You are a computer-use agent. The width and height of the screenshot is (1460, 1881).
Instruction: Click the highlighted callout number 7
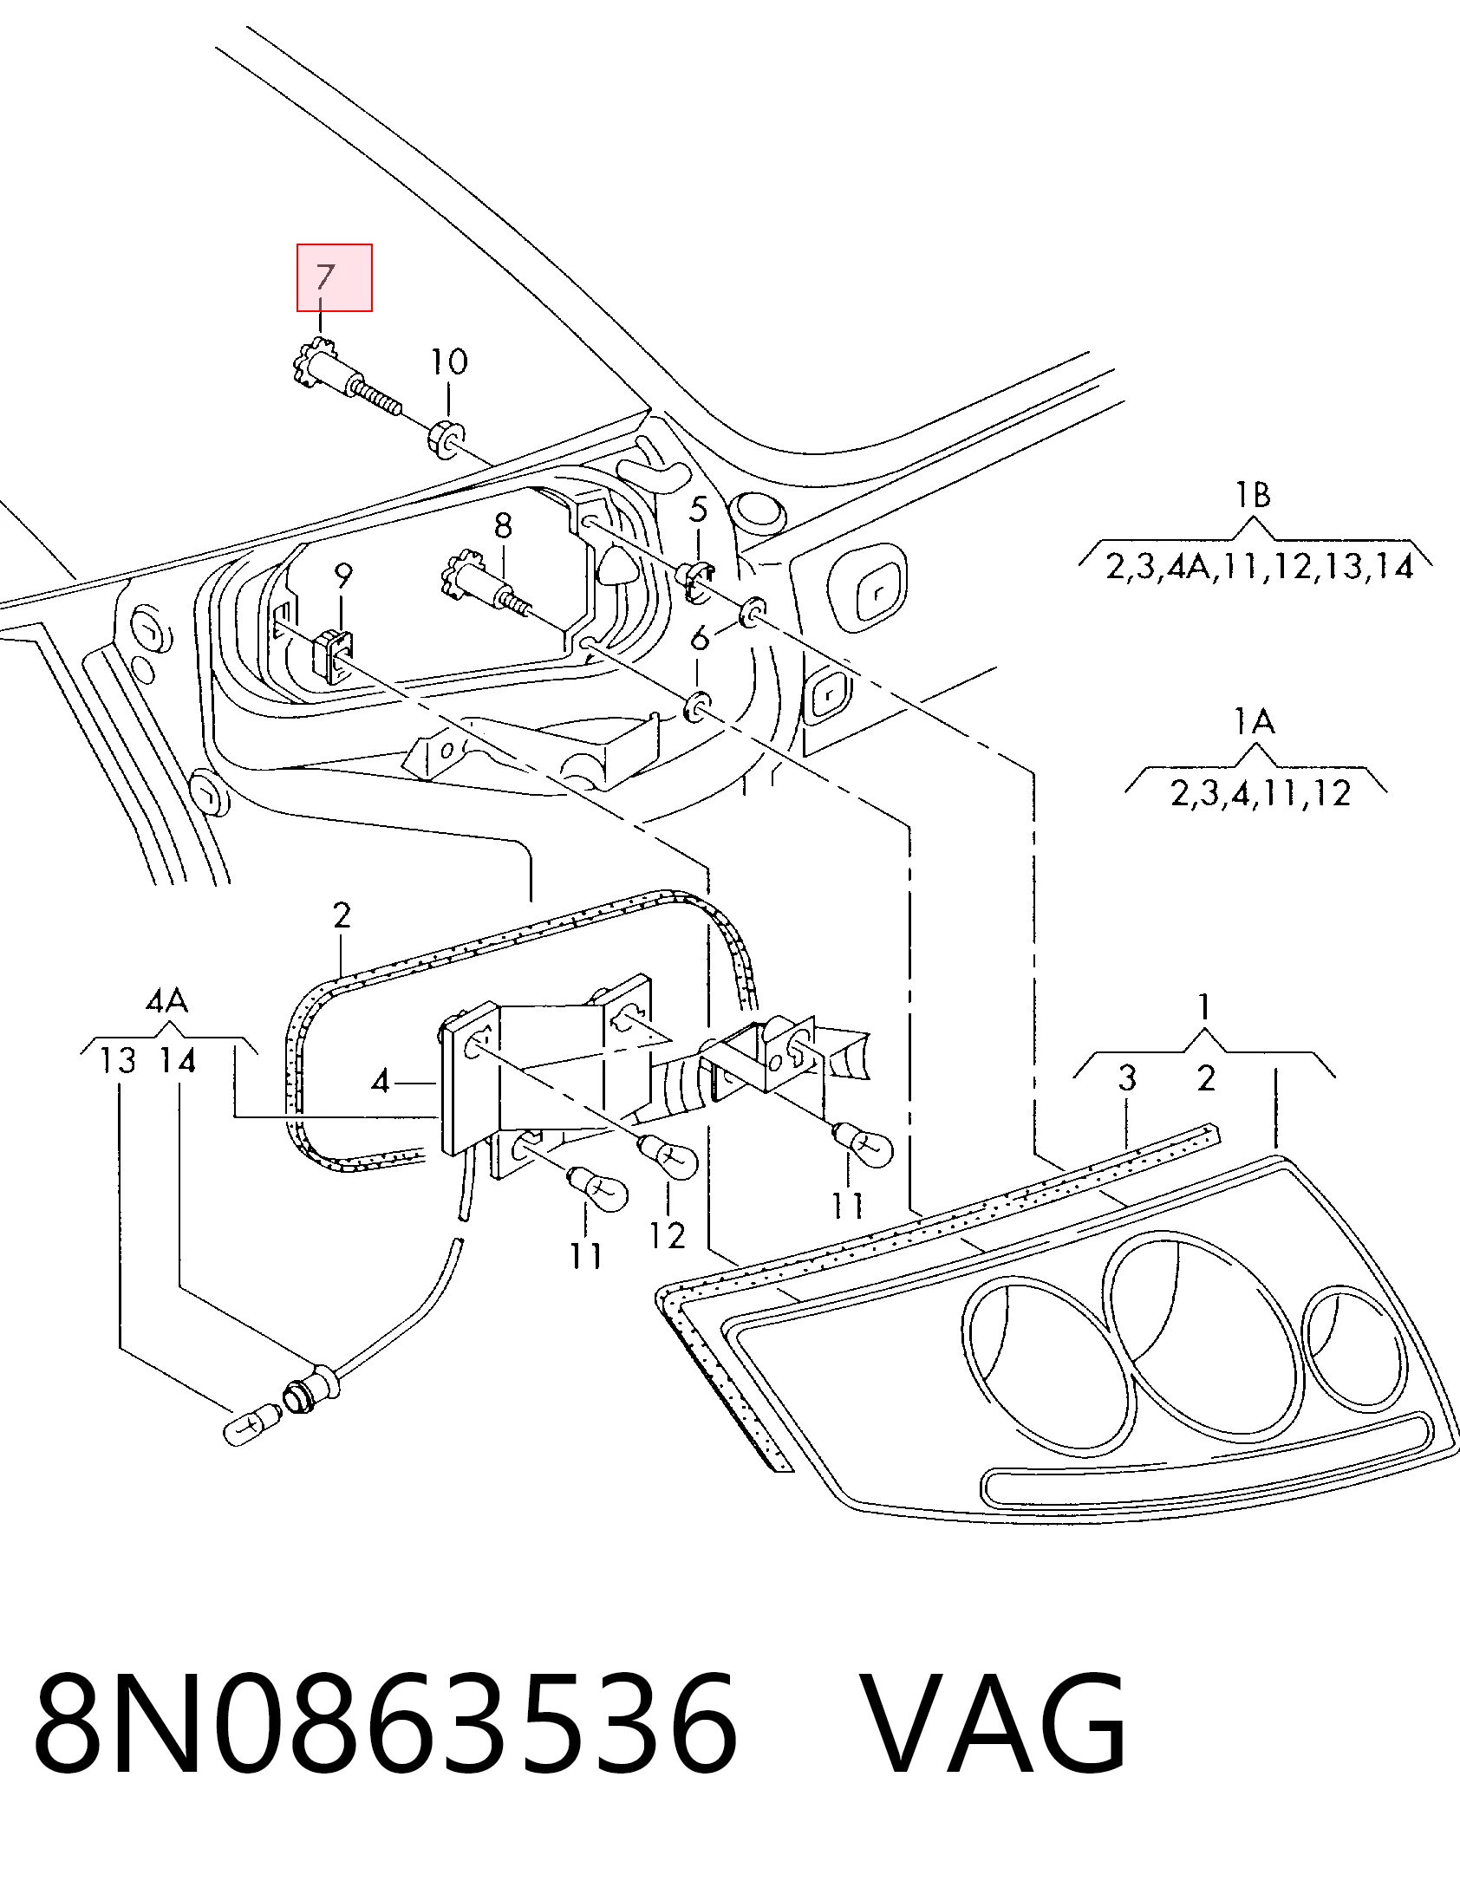click(x=324, y=277)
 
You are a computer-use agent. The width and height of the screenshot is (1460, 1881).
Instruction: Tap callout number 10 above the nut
click(x=449, y=361)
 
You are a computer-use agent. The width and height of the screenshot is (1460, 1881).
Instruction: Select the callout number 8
click(x=503, y=526)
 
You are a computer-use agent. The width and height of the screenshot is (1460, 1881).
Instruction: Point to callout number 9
click(x=343, y=576)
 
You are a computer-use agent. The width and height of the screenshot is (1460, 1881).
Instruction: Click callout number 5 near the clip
click(x=699, y=509)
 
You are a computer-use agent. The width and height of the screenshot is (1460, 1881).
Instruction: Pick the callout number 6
click(x=700, y=638)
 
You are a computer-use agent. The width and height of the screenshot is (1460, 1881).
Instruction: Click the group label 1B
click(x=1254, y=495)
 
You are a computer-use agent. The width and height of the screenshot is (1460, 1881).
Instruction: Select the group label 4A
click(x=166, y=1002)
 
